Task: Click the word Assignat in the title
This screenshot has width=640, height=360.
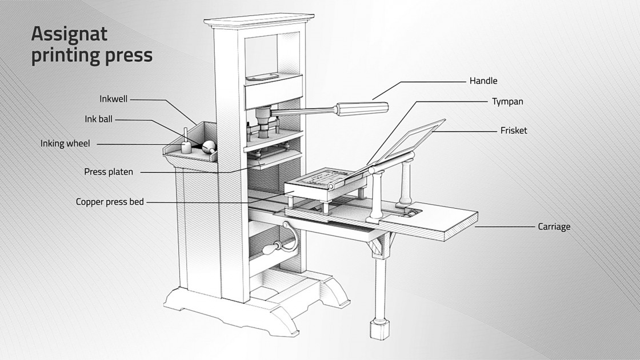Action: coord(69,34)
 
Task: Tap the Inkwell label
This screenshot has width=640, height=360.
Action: coord(113,99)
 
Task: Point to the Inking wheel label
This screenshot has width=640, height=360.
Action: coord(65,143)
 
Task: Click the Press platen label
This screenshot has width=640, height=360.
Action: coord(109,171)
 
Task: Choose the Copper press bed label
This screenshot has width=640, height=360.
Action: coord(110,202)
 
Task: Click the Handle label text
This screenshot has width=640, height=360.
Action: coord(483,81)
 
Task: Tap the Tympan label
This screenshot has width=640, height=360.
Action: coord(507,102)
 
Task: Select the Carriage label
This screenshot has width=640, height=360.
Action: coord(554,227)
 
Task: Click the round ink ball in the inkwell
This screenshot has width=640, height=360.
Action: coord(209,146)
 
